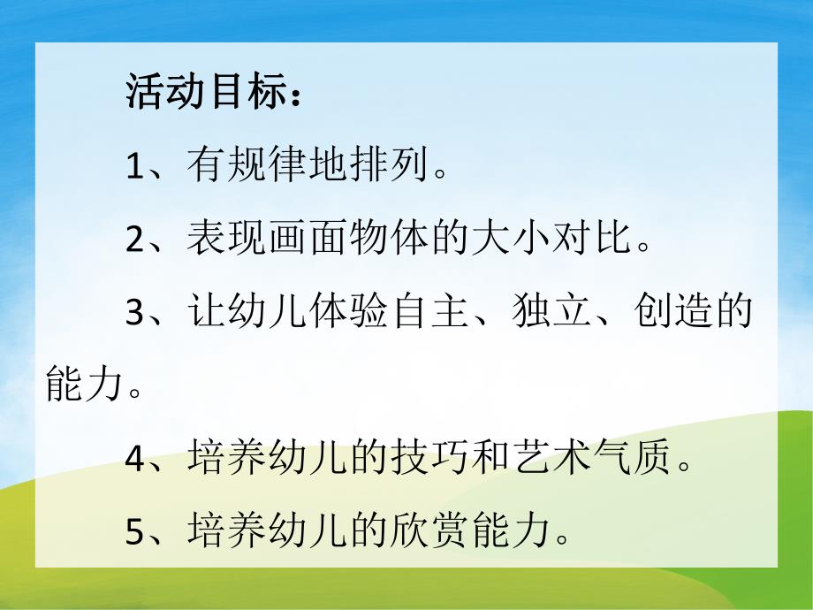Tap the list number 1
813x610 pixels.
coord(134,165)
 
